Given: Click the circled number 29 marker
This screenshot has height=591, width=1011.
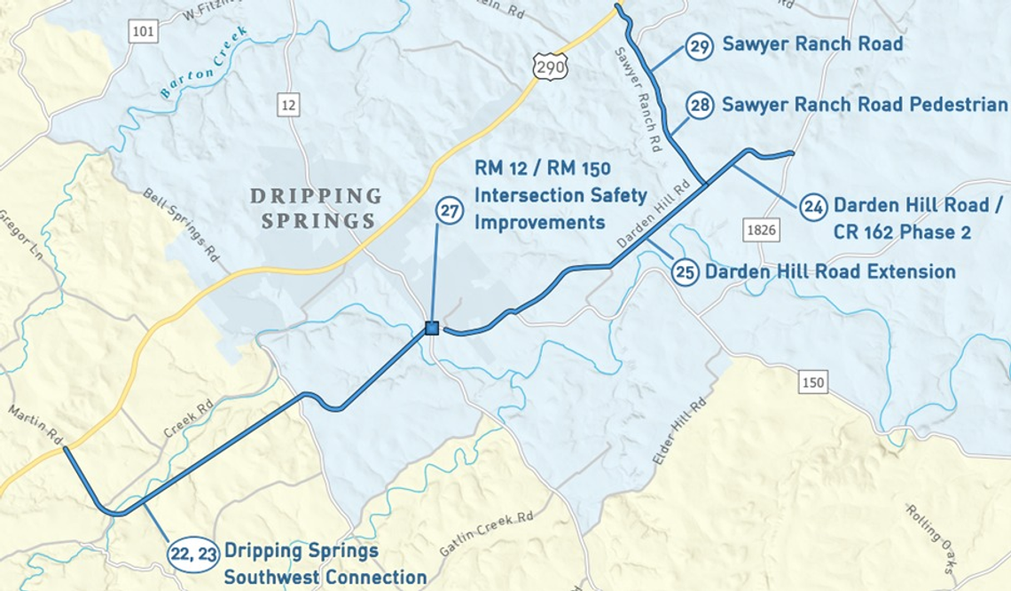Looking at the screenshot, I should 700,46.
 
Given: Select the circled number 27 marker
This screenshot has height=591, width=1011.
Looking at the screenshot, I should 451,211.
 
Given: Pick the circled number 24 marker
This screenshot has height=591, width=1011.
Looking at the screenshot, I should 813,207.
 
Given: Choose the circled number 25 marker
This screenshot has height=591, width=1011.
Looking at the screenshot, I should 685,272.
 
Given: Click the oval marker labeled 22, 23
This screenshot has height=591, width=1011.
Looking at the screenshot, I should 193,553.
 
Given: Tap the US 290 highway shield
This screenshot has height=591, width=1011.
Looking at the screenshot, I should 550,65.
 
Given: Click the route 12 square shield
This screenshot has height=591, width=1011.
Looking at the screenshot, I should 287,105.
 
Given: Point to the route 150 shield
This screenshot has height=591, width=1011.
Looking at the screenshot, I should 811,382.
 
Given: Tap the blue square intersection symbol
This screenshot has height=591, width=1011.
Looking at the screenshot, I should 432,328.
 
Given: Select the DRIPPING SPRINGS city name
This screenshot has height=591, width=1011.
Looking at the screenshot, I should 317,208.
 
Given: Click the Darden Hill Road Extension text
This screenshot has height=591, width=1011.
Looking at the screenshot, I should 830,272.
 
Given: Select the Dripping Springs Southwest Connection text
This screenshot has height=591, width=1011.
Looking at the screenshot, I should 325,563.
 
